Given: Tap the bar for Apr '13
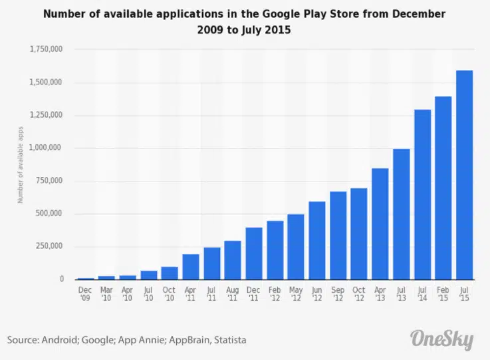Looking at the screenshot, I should click(x=380, y=224).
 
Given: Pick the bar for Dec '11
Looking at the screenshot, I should click(x=253, y=254).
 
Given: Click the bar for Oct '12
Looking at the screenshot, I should click(x=359, y=234).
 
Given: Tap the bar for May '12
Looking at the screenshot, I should click(x=296, y=247).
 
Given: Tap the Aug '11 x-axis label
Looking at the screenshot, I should click(x=233, y=293).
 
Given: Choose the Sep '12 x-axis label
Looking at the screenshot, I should click(x=338, y=293).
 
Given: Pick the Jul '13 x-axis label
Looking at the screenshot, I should click(x=402, y=293).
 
